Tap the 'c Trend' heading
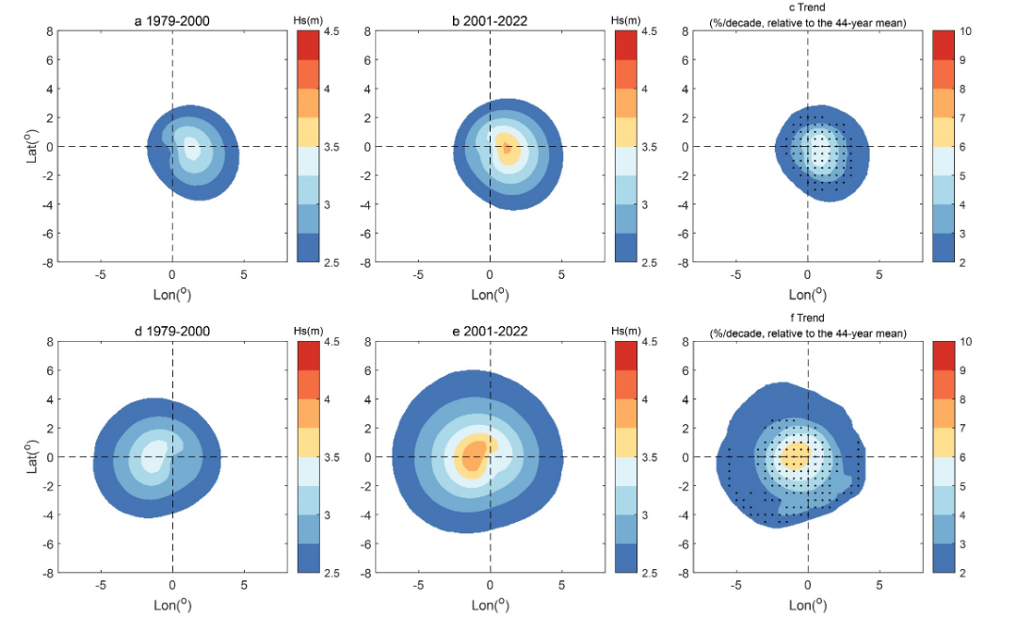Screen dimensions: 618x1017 coord(807,8)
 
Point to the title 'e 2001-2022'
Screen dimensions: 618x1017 coord(490,331)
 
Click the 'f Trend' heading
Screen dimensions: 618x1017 coord(807,319)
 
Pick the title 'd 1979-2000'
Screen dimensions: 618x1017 coord(172,331)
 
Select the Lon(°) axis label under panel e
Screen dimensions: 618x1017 coord(490,605)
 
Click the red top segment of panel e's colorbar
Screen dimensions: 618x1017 coord(626,355)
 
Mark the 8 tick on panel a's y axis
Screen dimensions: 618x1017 coord(47,31)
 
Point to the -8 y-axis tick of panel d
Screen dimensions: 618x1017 coord(44,572)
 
